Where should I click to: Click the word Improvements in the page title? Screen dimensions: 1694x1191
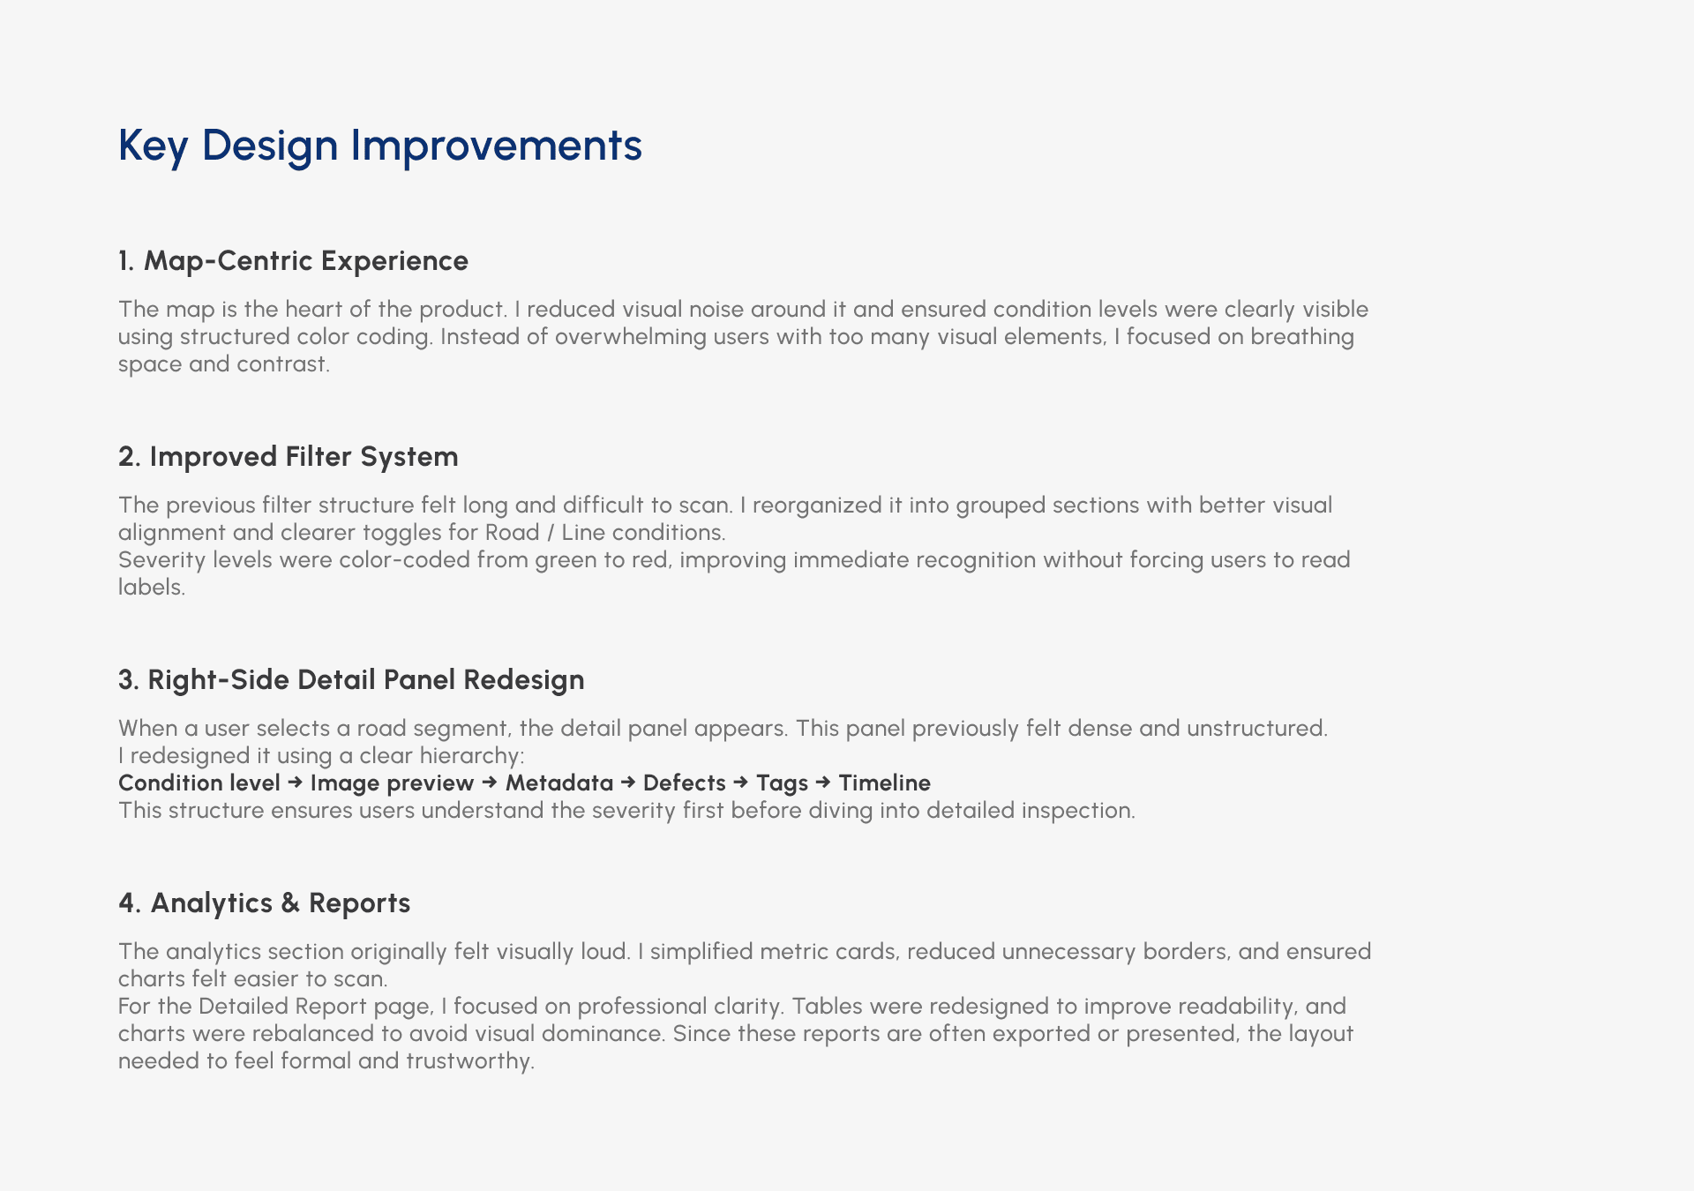pos(496,146)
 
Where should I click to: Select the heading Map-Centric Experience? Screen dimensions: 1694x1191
pos(306,261)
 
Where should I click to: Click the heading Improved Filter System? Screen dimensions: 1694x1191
pos(304,457)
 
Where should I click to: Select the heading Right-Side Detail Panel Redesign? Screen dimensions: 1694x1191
pos(366,680)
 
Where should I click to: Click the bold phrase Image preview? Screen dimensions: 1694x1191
pos(392,783)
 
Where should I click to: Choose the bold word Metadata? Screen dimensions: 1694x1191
pos(559,783)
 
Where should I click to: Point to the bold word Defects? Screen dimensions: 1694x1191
pos(685,783)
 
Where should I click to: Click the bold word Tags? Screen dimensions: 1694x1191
pos(783,783)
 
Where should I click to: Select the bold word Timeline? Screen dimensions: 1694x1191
pos(885,783)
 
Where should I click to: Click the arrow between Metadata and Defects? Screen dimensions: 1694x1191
pos(628,783)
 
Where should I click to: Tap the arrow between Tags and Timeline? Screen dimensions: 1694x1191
pos(824,783)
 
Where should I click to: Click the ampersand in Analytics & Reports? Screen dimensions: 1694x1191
pos(290,903)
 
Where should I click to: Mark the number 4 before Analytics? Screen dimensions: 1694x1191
pos(126,903)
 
